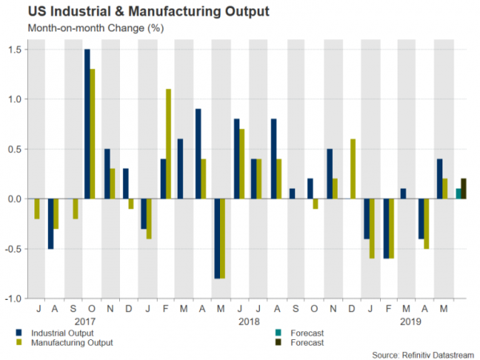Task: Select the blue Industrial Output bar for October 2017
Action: pos(86,124)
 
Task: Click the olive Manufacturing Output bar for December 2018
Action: pos(353,169)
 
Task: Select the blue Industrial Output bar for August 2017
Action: pos(50,222)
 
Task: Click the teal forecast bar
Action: pos(458,194)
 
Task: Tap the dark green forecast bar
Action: pos(464,189)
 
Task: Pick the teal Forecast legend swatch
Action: pos(277,331)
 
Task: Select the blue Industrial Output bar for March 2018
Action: pos(180,169)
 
